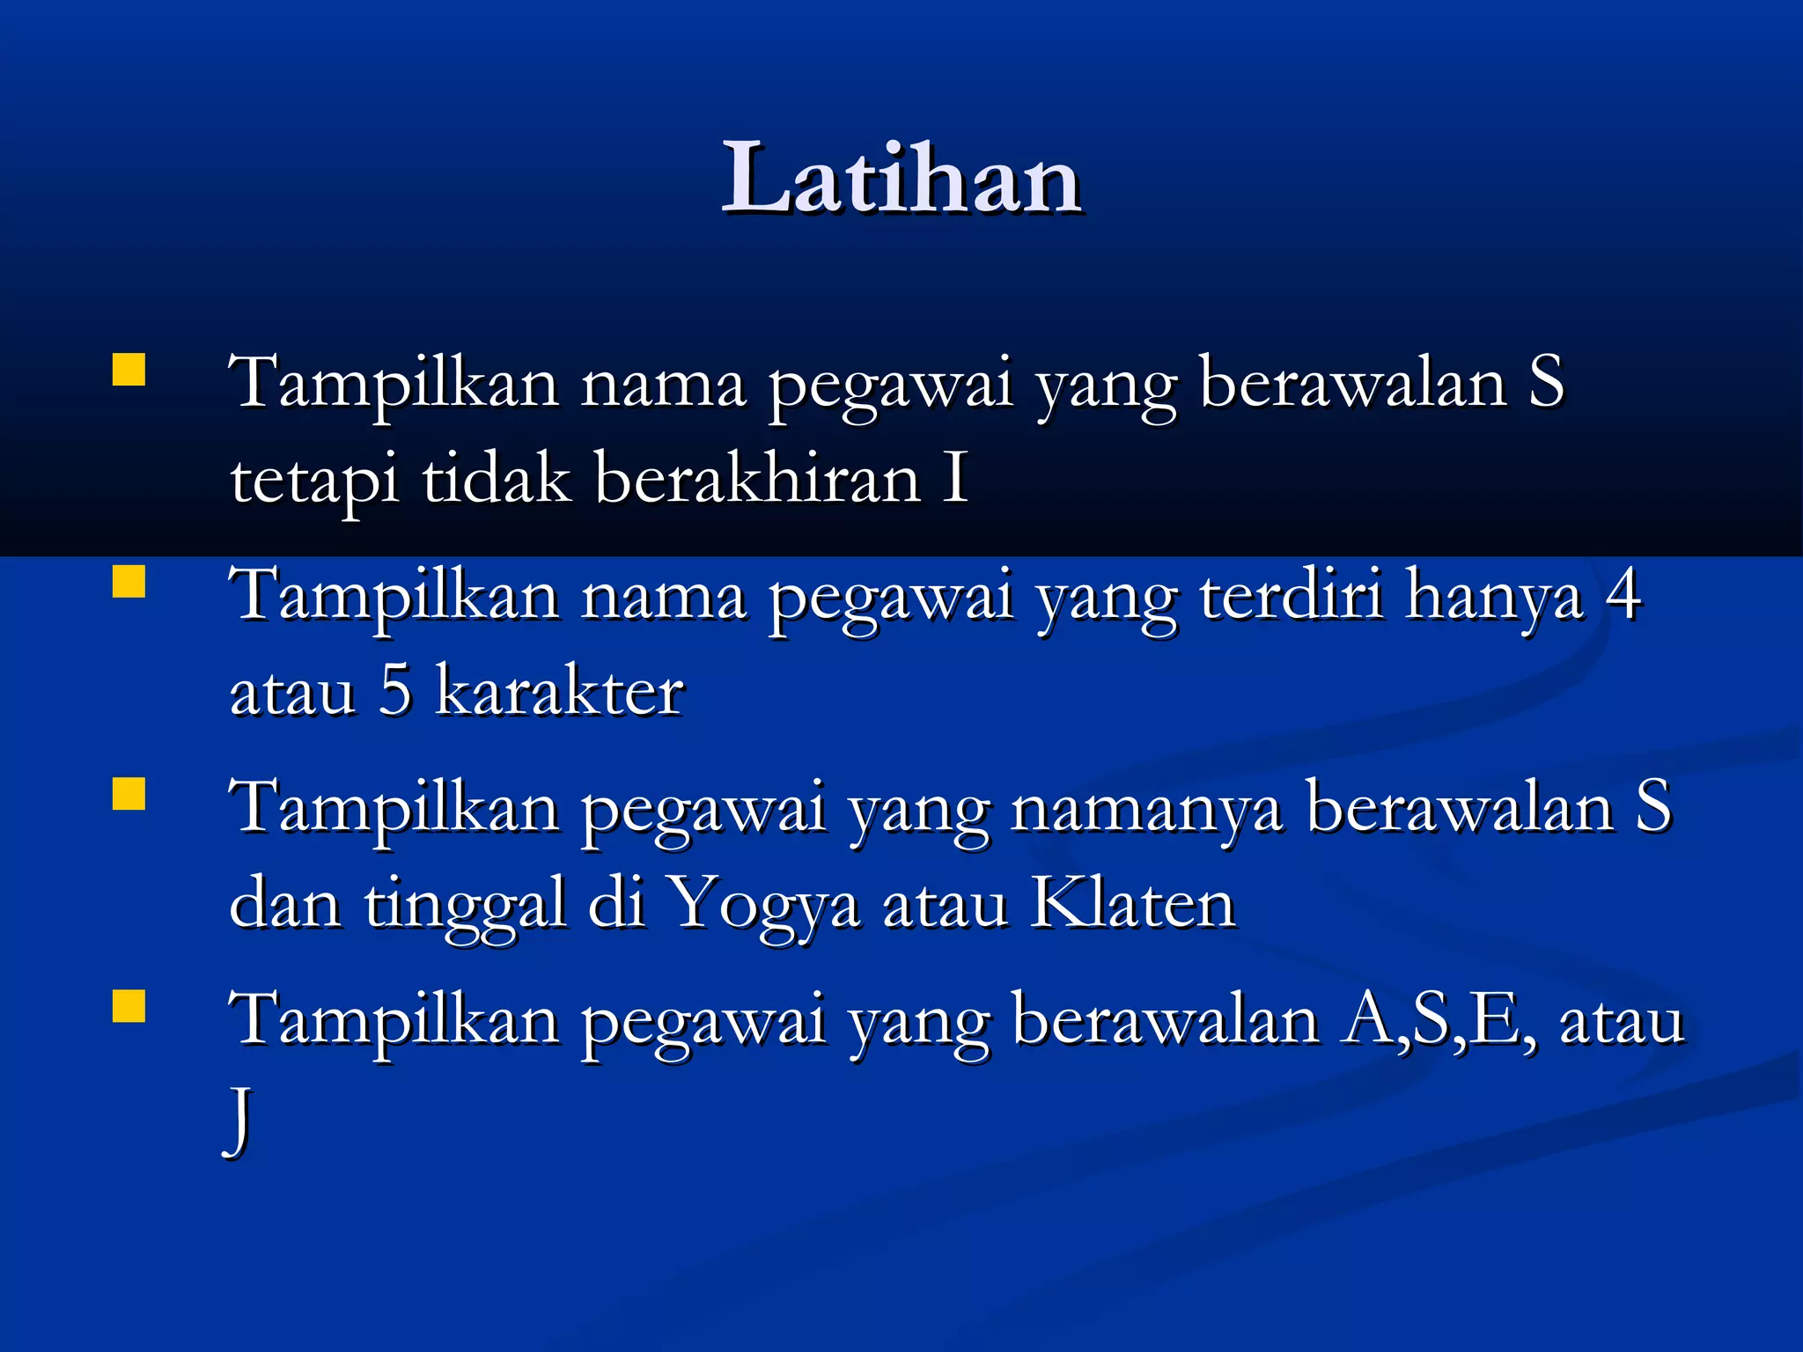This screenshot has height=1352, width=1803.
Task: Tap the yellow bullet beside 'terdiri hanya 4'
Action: pyautogui.click(x=129, y=582)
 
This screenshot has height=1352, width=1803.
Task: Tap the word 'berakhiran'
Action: pyautogui.click(x=757, y=478)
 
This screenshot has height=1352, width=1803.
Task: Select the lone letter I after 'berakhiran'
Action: pyautogui.click(x=956, y=478)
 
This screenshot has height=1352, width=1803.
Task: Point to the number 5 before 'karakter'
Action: pyautogui.click(x=395, y=691)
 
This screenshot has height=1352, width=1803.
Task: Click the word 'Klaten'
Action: pyautogui.click(x=1133, y=903)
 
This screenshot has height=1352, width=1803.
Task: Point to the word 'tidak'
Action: pyautogui.click(x=496, y=478)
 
